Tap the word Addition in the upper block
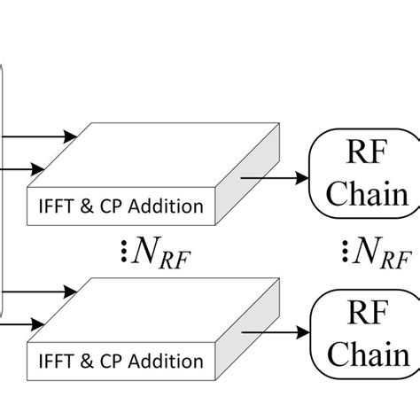tap(169, 208)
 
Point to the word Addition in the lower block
tap(169, 362)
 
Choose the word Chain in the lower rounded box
tap(359, 356)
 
